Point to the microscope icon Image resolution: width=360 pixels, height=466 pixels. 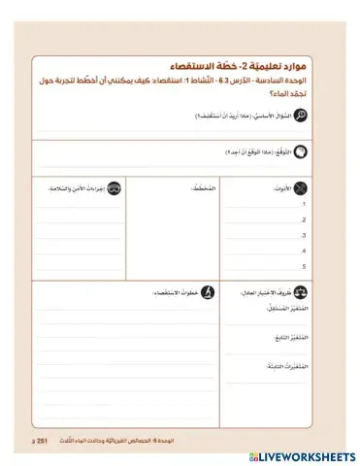[207, 290]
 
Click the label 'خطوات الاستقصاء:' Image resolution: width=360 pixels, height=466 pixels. [174, 290]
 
